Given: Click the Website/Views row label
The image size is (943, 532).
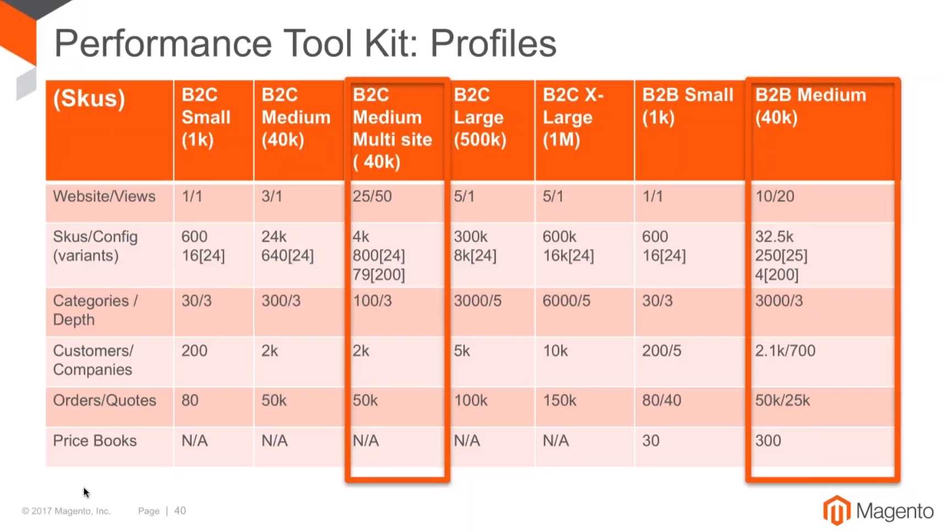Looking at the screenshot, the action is (x=104, y=196).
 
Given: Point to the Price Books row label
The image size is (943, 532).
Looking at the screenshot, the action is (x=95, y=441).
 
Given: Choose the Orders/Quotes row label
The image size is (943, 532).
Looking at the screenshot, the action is (x=105, y=400).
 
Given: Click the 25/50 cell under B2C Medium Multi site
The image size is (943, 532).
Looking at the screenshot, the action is (x=372, y=196).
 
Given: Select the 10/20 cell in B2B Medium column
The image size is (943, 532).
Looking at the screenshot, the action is (x=774, y=196).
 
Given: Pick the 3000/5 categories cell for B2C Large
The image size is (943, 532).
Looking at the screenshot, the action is (x=478, y=301).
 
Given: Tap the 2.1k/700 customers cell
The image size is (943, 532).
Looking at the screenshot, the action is (x=785, y=351).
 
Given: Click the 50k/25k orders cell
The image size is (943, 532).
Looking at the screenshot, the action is (x=782, y=400).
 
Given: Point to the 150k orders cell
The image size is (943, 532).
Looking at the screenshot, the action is (x=559, y=400).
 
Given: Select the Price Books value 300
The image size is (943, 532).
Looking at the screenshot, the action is (x=768, y=441).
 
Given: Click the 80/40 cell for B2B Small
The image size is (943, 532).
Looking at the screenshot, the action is (x=662, y=400).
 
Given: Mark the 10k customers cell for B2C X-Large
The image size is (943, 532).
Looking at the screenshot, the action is (x=555, y=351).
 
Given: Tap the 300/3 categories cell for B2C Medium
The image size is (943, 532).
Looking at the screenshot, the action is (x=281, y=301).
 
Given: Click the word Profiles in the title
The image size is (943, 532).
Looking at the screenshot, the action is (x=494, y=44).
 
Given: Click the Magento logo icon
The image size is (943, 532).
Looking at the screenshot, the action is (x=837, y=510).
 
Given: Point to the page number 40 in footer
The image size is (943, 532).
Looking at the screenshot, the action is (x=180, y=511).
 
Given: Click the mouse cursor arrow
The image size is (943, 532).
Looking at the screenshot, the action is (x=86, y=493).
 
